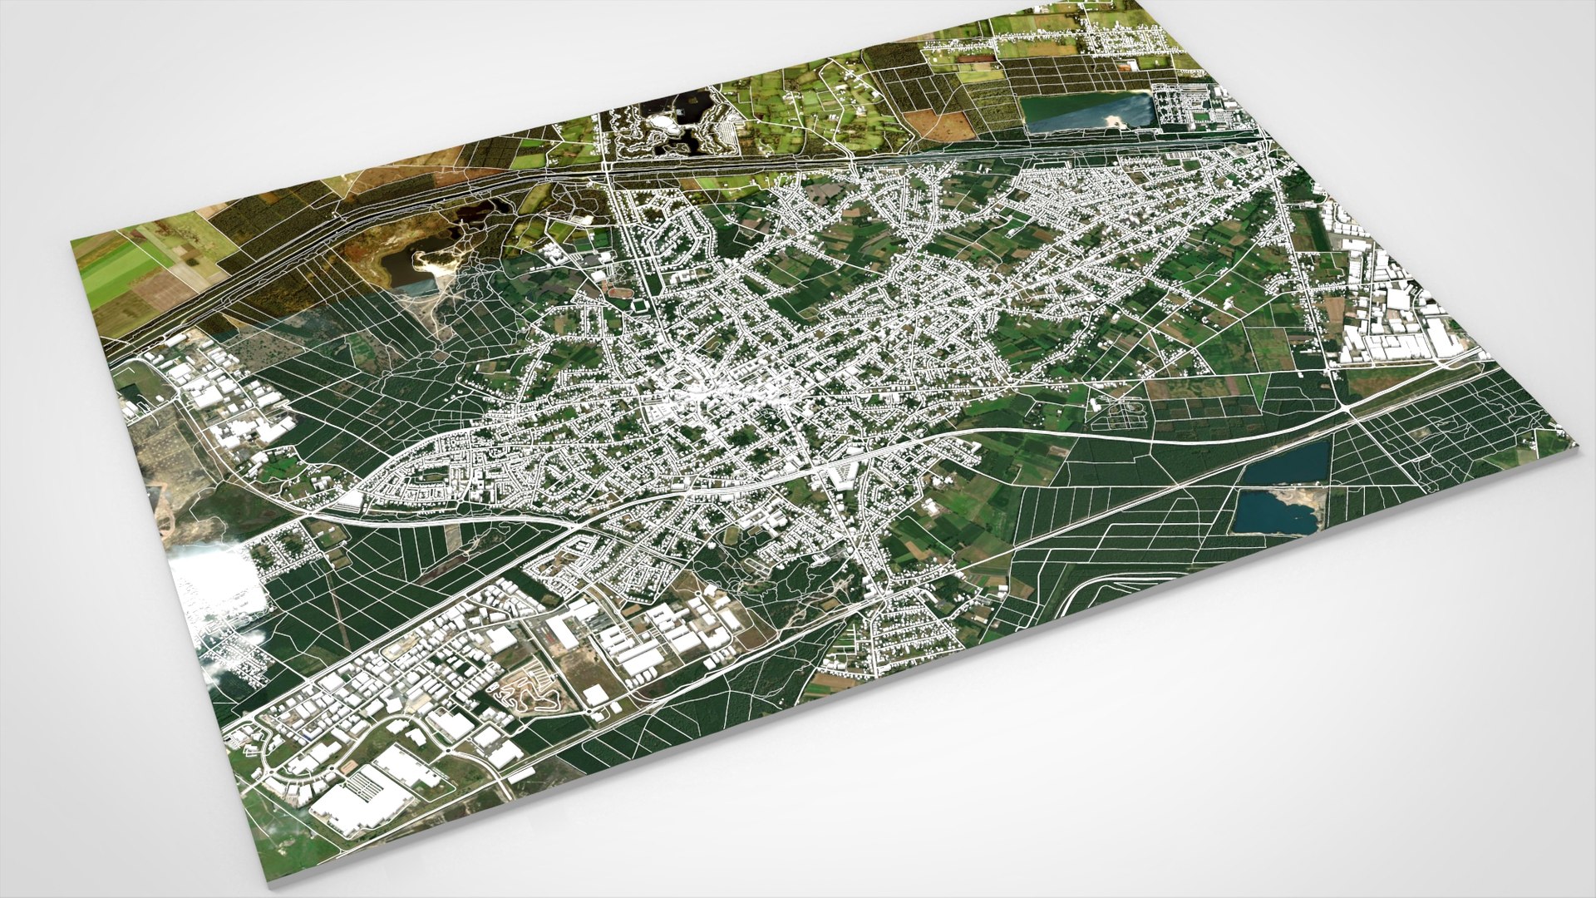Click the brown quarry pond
click(x=400, y=267)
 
